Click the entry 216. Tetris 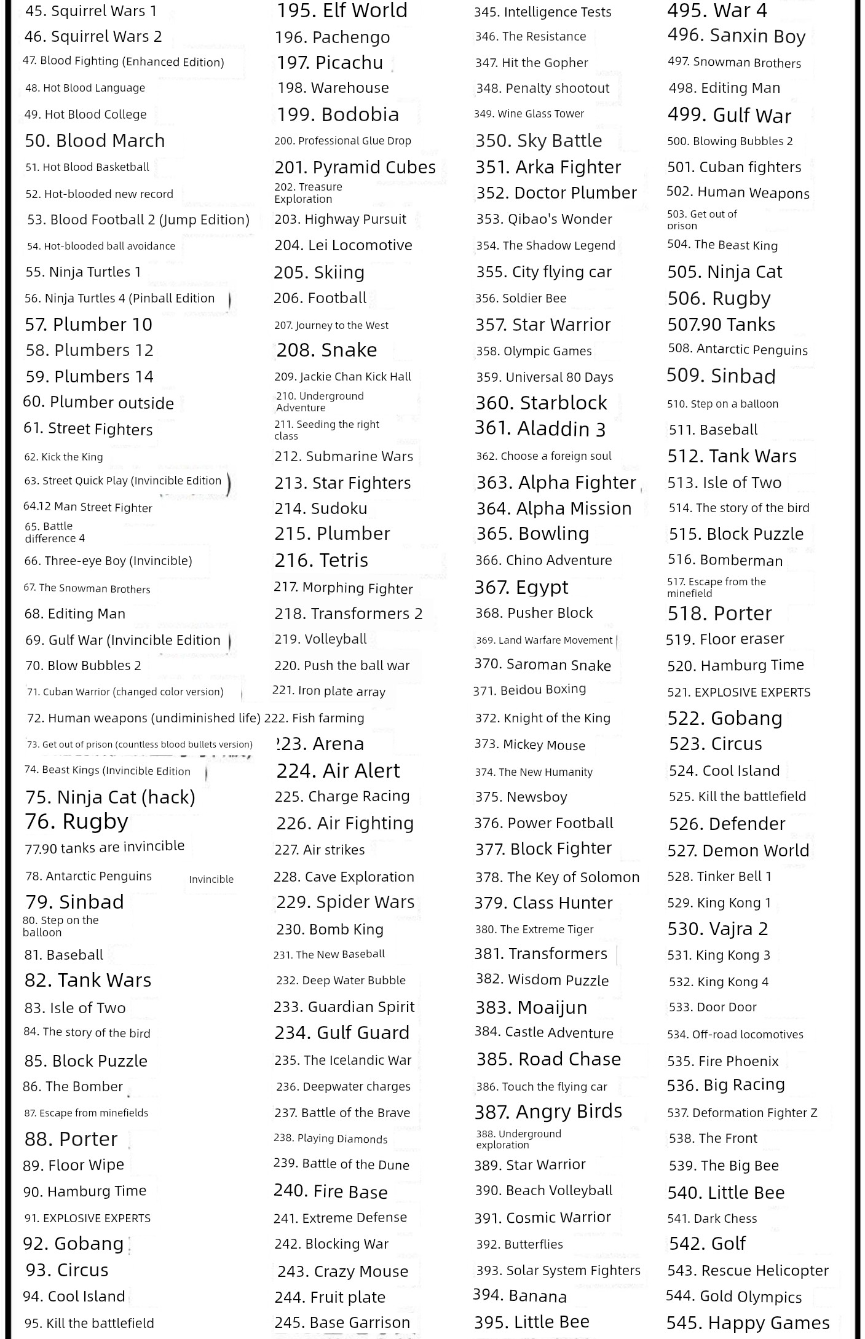(x=322, y=560)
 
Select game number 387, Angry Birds (x=548, y=1112)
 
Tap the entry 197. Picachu (x=330, y=62)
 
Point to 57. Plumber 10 (x=89, y=324)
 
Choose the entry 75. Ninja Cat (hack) (x=111, y=797)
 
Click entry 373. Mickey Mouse (x=530, y=745)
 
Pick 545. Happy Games (x=748, y=1322)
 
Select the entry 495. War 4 (x=717, y=10)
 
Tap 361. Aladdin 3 (x=540, y=429)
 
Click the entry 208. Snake (x=326, y=350)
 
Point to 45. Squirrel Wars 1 (x=91, y=10)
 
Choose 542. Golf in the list (x=707, y=1244)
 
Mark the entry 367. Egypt (x=521, y=587)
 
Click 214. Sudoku (x=321, y=508)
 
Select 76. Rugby (x=76, y=821)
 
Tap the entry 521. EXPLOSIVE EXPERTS (x=739, y=692)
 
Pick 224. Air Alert (x=338, y=770)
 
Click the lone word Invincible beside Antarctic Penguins (x=211, y=879)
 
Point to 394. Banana (x=520, y=1296)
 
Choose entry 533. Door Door (x=713, y=1007)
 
